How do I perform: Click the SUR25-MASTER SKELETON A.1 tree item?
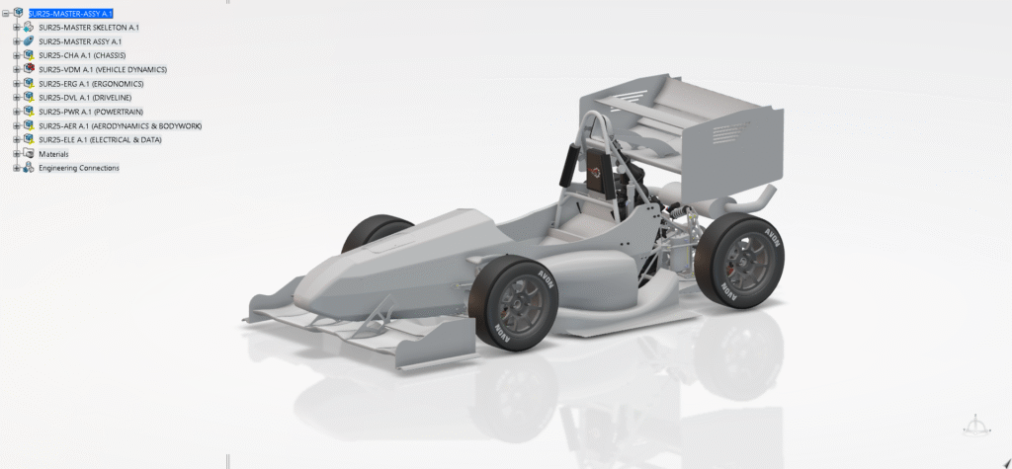(x=88, y=27)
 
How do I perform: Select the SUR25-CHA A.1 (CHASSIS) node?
(x=82, y=55)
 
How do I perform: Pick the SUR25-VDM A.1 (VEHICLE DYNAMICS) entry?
(x=103, y=70)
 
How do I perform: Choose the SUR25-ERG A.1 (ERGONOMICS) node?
(x=91, y=84)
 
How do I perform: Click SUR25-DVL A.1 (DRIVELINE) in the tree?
(x=85, y=98)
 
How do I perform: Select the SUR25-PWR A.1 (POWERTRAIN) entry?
(x=91, y=112)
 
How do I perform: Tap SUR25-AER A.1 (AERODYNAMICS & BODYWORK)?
(x=120, y=125)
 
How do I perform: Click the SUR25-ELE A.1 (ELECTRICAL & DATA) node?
(x=100, y=139)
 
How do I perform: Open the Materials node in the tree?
(x=53, y=154)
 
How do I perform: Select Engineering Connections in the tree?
(x=79, y=168)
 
